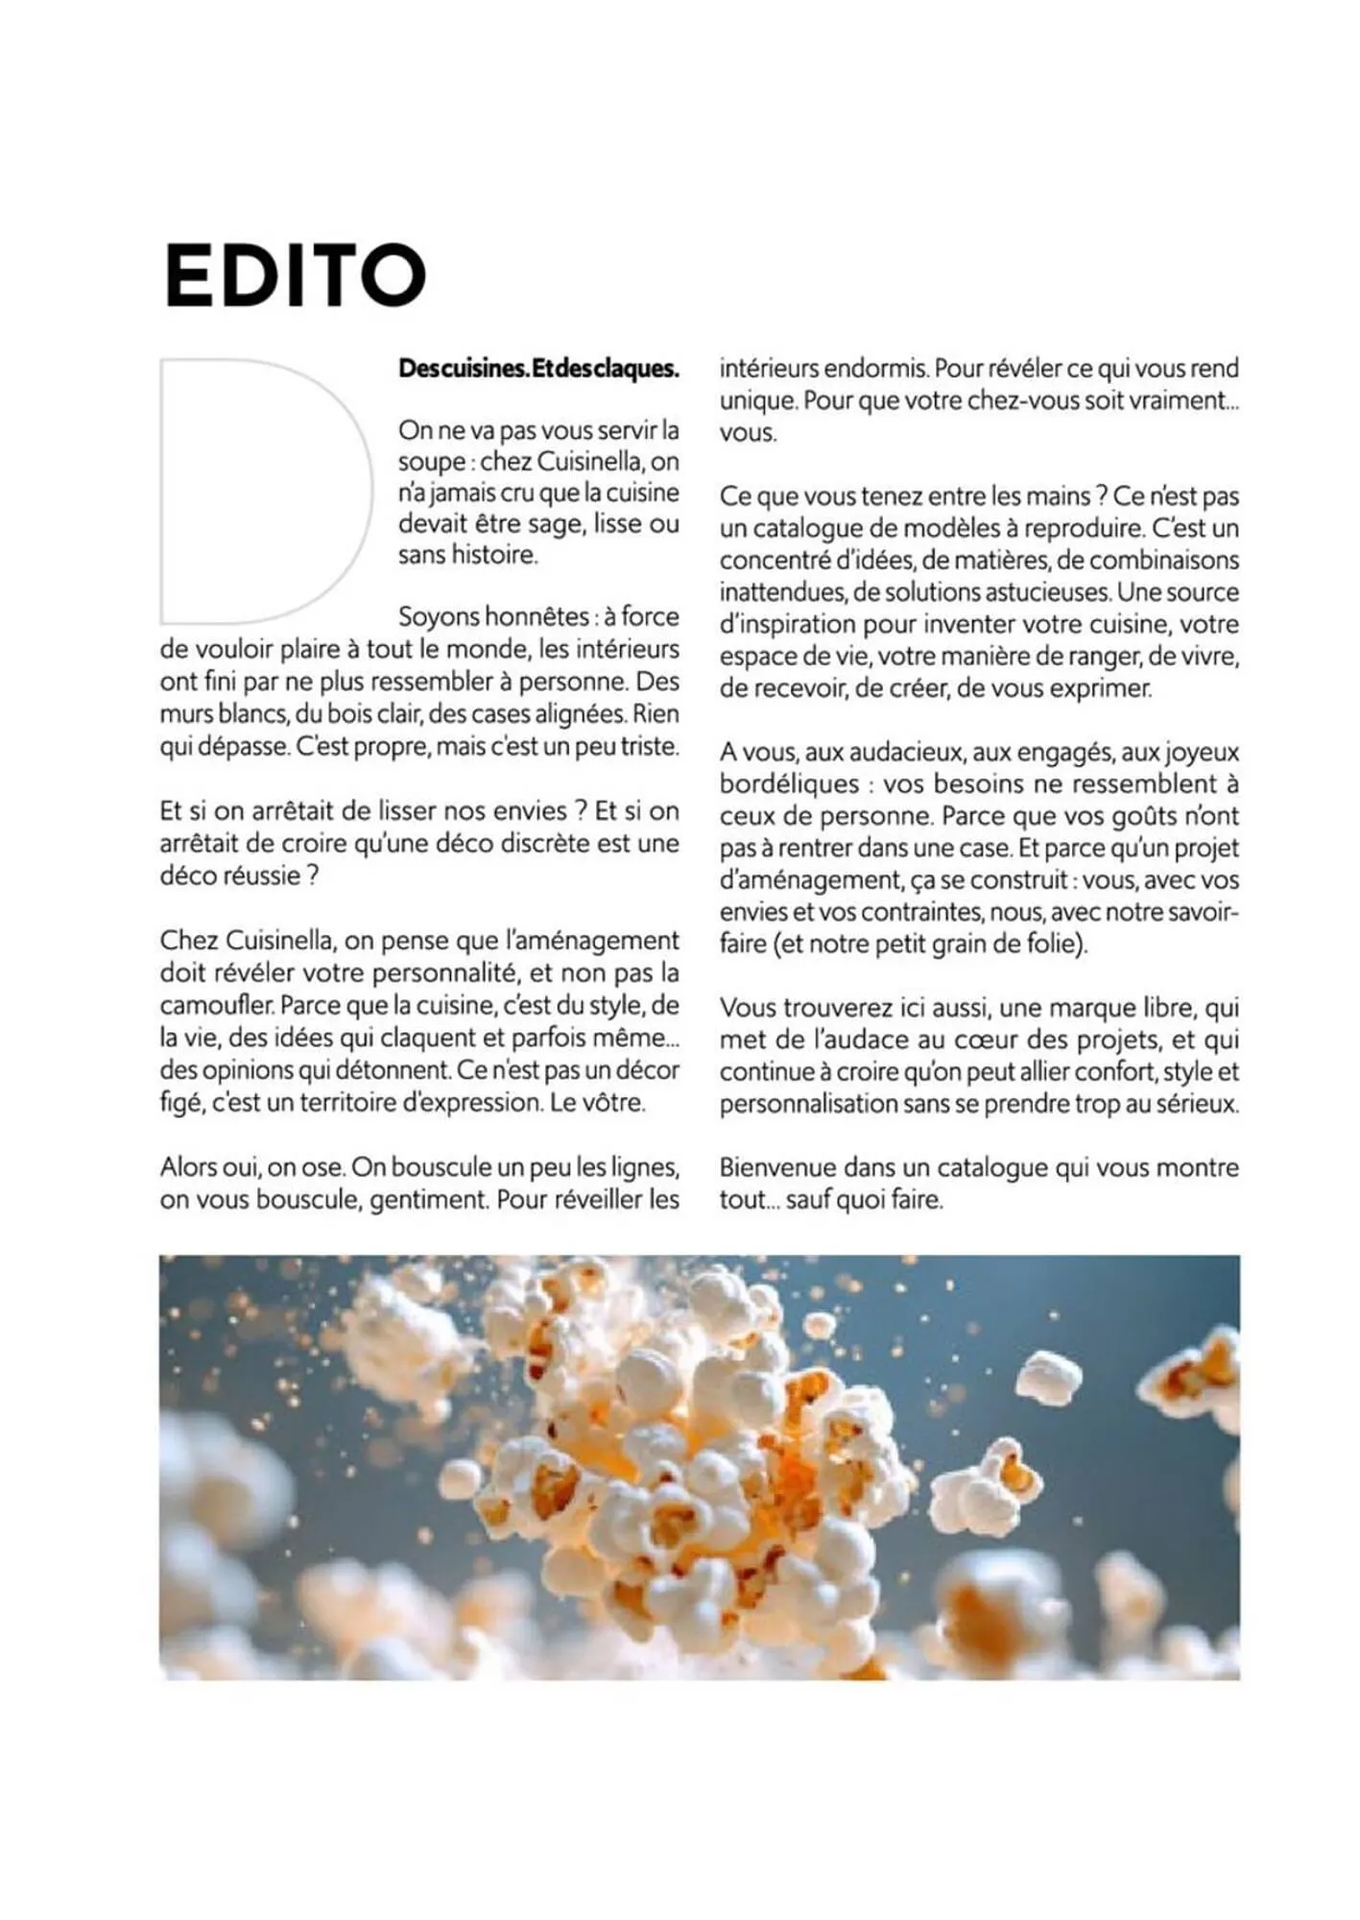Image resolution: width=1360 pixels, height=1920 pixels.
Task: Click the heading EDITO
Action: (296, 276)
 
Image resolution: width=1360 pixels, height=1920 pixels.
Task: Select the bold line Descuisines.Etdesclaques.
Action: (538, 369)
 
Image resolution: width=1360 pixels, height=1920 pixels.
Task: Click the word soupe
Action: (431, 462)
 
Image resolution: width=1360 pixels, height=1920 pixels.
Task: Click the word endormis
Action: (876, 369)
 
